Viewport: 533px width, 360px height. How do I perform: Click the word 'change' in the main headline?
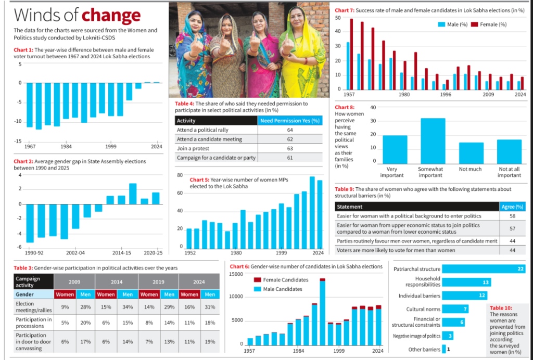111,15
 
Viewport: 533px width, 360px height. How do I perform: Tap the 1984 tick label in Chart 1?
66,147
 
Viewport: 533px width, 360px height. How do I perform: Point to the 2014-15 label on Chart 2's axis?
121,253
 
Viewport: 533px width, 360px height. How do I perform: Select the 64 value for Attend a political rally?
289,130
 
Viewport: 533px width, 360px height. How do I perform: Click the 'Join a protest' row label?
193,148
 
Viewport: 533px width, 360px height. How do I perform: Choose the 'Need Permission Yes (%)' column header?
290,121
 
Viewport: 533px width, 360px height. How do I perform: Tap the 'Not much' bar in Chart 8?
471,153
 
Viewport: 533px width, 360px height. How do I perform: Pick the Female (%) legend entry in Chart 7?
489,24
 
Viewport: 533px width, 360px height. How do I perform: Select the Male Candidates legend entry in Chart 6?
278,289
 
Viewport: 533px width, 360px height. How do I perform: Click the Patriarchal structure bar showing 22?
484,269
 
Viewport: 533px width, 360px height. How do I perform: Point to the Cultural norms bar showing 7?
455,309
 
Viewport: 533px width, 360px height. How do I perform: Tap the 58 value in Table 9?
512,216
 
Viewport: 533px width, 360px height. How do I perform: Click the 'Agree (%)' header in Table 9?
512,207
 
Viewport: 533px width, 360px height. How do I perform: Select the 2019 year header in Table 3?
158,282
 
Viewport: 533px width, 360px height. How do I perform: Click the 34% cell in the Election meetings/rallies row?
128,307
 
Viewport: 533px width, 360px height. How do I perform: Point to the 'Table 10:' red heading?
501,307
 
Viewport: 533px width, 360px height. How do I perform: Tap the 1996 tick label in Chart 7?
446,94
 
